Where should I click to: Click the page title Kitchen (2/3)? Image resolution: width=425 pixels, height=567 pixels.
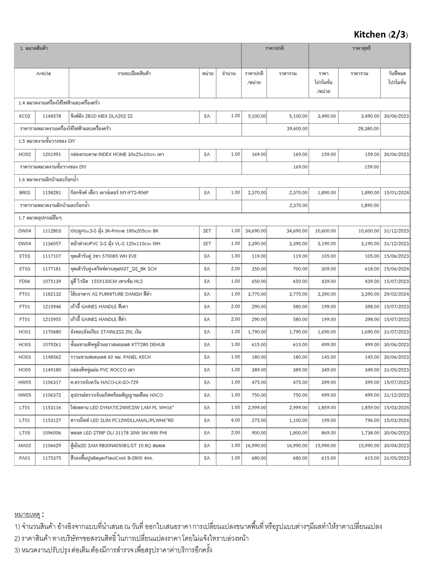(381, 35)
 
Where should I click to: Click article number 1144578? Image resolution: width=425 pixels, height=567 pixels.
(52, 116)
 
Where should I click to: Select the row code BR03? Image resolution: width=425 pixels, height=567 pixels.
(25, 193)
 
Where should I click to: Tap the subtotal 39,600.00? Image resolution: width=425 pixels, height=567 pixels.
(297, 129)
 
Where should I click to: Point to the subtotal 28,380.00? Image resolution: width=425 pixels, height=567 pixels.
(368, 129)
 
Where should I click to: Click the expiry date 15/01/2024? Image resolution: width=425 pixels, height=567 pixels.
(396, 193)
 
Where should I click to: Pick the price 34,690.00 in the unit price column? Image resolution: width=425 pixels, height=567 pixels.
(256, 231)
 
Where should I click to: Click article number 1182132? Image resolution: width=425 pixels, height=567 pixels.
(52, 294)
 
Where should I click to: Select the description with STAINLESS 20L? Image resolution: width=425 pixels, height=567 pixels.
(106, 332)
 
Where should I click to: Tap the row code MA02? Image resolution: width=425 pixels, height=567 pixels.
(25, 446)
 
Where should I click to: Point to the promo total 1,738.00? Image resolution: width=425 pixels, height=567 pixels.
(370, 433)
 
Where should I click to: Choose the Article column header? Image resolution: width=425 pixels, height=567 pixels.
(43, 74)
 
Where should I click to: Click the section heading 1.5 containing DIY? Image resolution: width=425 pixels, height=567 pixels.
(47, 141)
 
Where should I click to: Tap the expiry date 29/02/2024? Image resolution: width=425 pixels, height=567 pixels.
(396, 294)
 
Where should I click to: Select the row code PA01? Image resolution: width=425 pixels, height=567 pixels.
(25, 458)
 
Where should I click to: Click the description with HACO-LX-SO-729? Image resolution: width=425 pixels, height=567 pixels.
(104, 382)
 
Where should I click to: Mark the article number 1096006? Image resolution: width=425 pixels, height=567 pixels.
(52, 433)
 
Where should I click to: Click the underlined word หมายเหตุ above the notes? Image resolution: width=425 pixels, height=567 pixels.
(27, 515)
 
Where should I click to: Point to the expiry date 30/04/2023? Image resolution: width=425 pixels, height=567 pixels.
(396, 446)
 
